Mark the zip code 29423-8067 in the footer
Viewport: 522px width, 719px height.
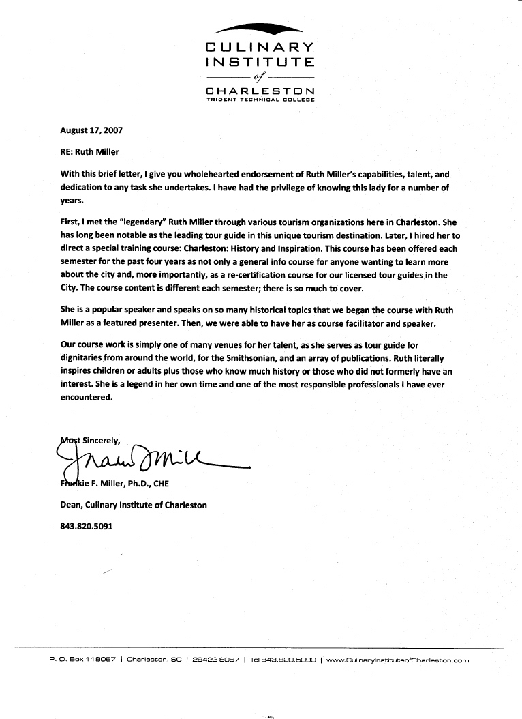pyautogui.click(x=216, y=660)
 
